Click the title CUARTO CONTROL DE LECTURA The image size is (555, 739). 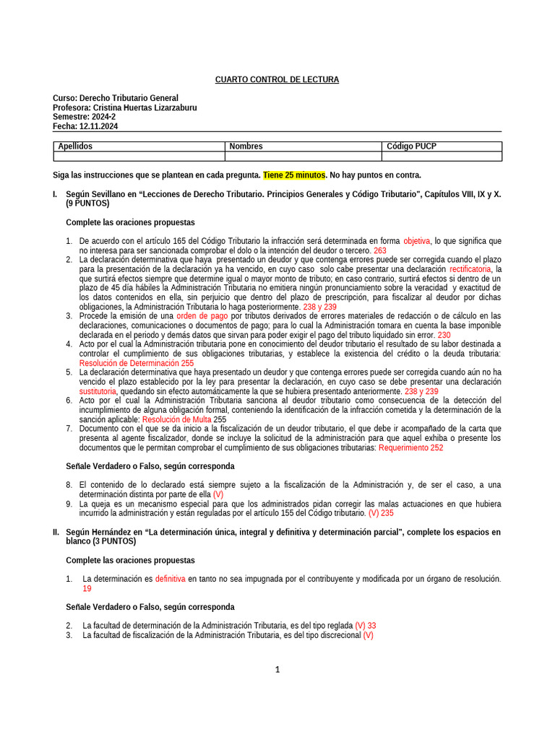[x=277, y=79]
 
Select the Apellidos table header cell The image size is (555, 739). [x=139, y=147]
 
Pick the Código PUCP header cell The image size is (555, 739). [x=442, y=147]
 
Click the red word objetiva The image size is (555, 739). [x=416, y=241]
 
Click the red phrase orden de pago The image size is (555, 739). [x=202, y=316]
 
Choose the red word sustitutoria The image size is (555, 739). [x=98, y=391]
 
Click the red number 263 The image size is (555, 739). [x=380, y=250]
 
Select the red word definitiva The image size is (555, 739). [x=170, y=579]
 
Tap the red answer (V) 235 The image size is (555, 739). [x=381, y=513]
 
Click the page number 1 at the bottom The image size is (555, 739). [x=277, y=670]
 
